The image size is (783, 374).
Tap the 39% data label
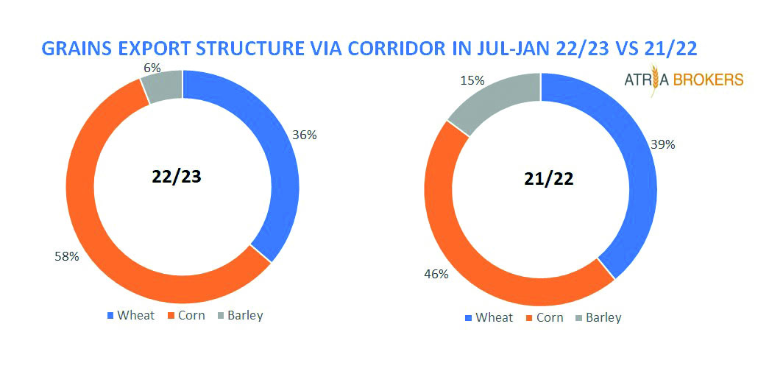(663, 144)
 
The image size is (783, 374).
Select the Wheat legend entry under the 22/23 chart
(132, 315)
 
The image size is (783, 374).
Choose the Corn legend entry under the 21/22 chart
(545, 317)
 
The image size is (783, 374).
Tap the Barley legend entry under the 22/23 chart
(240, 315)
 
